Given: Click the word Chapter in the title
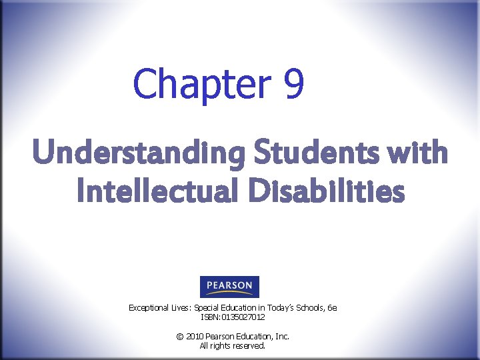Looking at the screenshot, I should (x=201, y=84).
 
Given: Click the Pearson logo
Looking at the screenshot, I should (x=229, y=287).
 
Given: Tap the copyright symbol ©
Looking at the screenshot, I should (x=179, y=337).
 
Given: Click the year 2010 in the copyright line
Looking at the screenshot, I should (x=194, y=337).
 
